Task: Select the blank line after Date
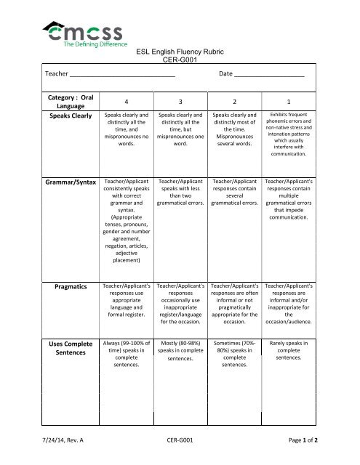(269, 74)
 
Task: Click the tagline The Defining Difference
(94, 44)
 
